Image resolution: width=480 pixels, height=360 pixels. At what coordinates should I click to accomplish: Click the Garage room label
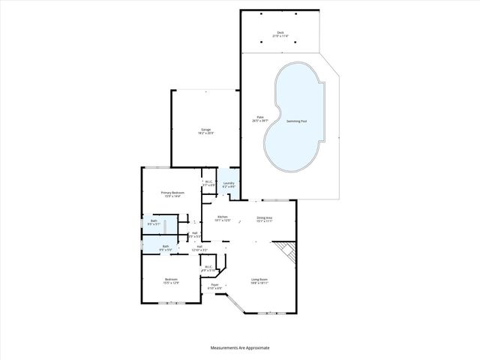click(x=205, y=130)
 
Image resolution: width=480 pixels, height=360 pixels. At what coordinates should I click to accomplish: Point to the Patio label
click(x=260, y=118)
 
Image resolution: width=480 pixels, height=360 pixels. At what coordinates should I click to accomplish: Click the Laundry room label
click(x=229, y=184)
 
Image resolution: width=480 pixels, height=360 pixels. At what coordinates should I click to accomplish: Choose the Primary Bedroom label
click(x=172, y=194)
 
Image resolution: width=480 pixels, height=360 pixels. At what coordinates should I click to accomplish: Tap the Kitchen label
click(x=222, y=218)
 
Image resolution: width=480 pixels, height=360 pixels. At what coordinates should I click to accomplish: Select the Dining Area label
click(x=265, y=219)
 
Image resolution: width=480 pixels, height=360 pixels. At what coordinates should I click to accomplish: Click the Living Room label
click(x=259, y=281)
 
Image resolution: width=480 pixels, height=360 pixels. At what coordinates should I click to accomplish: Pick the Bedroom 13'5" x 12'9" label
click(x=172, y=281)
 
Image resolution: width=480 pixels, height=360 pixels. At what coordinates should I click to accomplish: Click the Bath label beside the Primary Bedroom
click(x=153, y=222)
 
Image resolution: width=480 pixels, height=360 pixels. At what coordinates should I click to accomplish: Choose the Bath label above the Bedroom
click(x=166, y=247)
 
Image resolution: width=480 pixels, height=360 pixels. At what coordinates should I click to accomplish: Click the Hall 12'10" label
click(x=199, y=247)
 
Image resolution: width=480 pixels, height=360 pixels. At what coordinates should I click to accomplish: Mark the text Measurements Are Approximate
click(x=240, y=348)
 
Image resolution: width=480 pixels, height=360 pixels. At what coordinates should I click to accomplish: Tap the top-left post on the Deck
click(x=256, y=13)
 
